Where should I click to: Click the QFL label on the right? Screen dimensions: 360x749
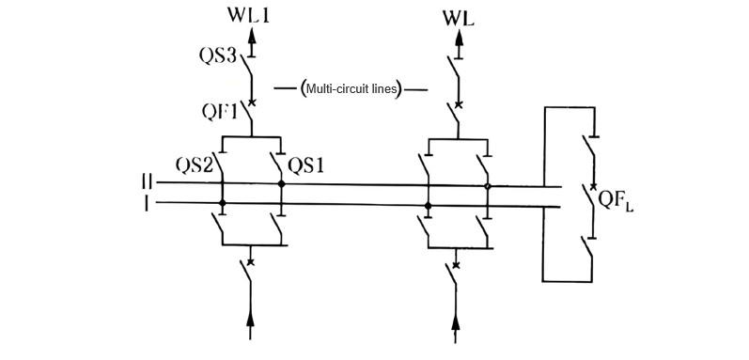coord(617,201)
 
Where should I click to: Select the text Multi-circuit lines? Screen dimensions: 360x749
coord(351,89)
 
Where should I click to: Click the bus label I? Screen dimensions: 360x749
coord(147,202)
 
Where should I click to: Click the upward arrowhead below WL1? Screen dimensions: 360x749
coord(251,37)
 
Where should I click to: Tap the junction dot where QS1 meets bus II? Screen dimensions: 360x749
coord(281,184)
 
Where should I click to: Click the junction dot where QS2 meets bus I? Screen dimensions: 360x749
coord(222,203)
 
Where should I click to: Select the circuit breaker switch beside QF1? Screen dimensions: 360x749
coord(249,114)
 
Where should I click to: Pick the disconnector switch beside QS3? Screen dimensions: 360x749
coord(249,69)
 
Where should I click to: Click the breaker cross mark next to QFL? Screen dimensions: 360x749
coord(591,188)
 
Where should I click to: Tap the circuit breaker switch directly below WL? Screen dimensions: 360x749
coord(458,114)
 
